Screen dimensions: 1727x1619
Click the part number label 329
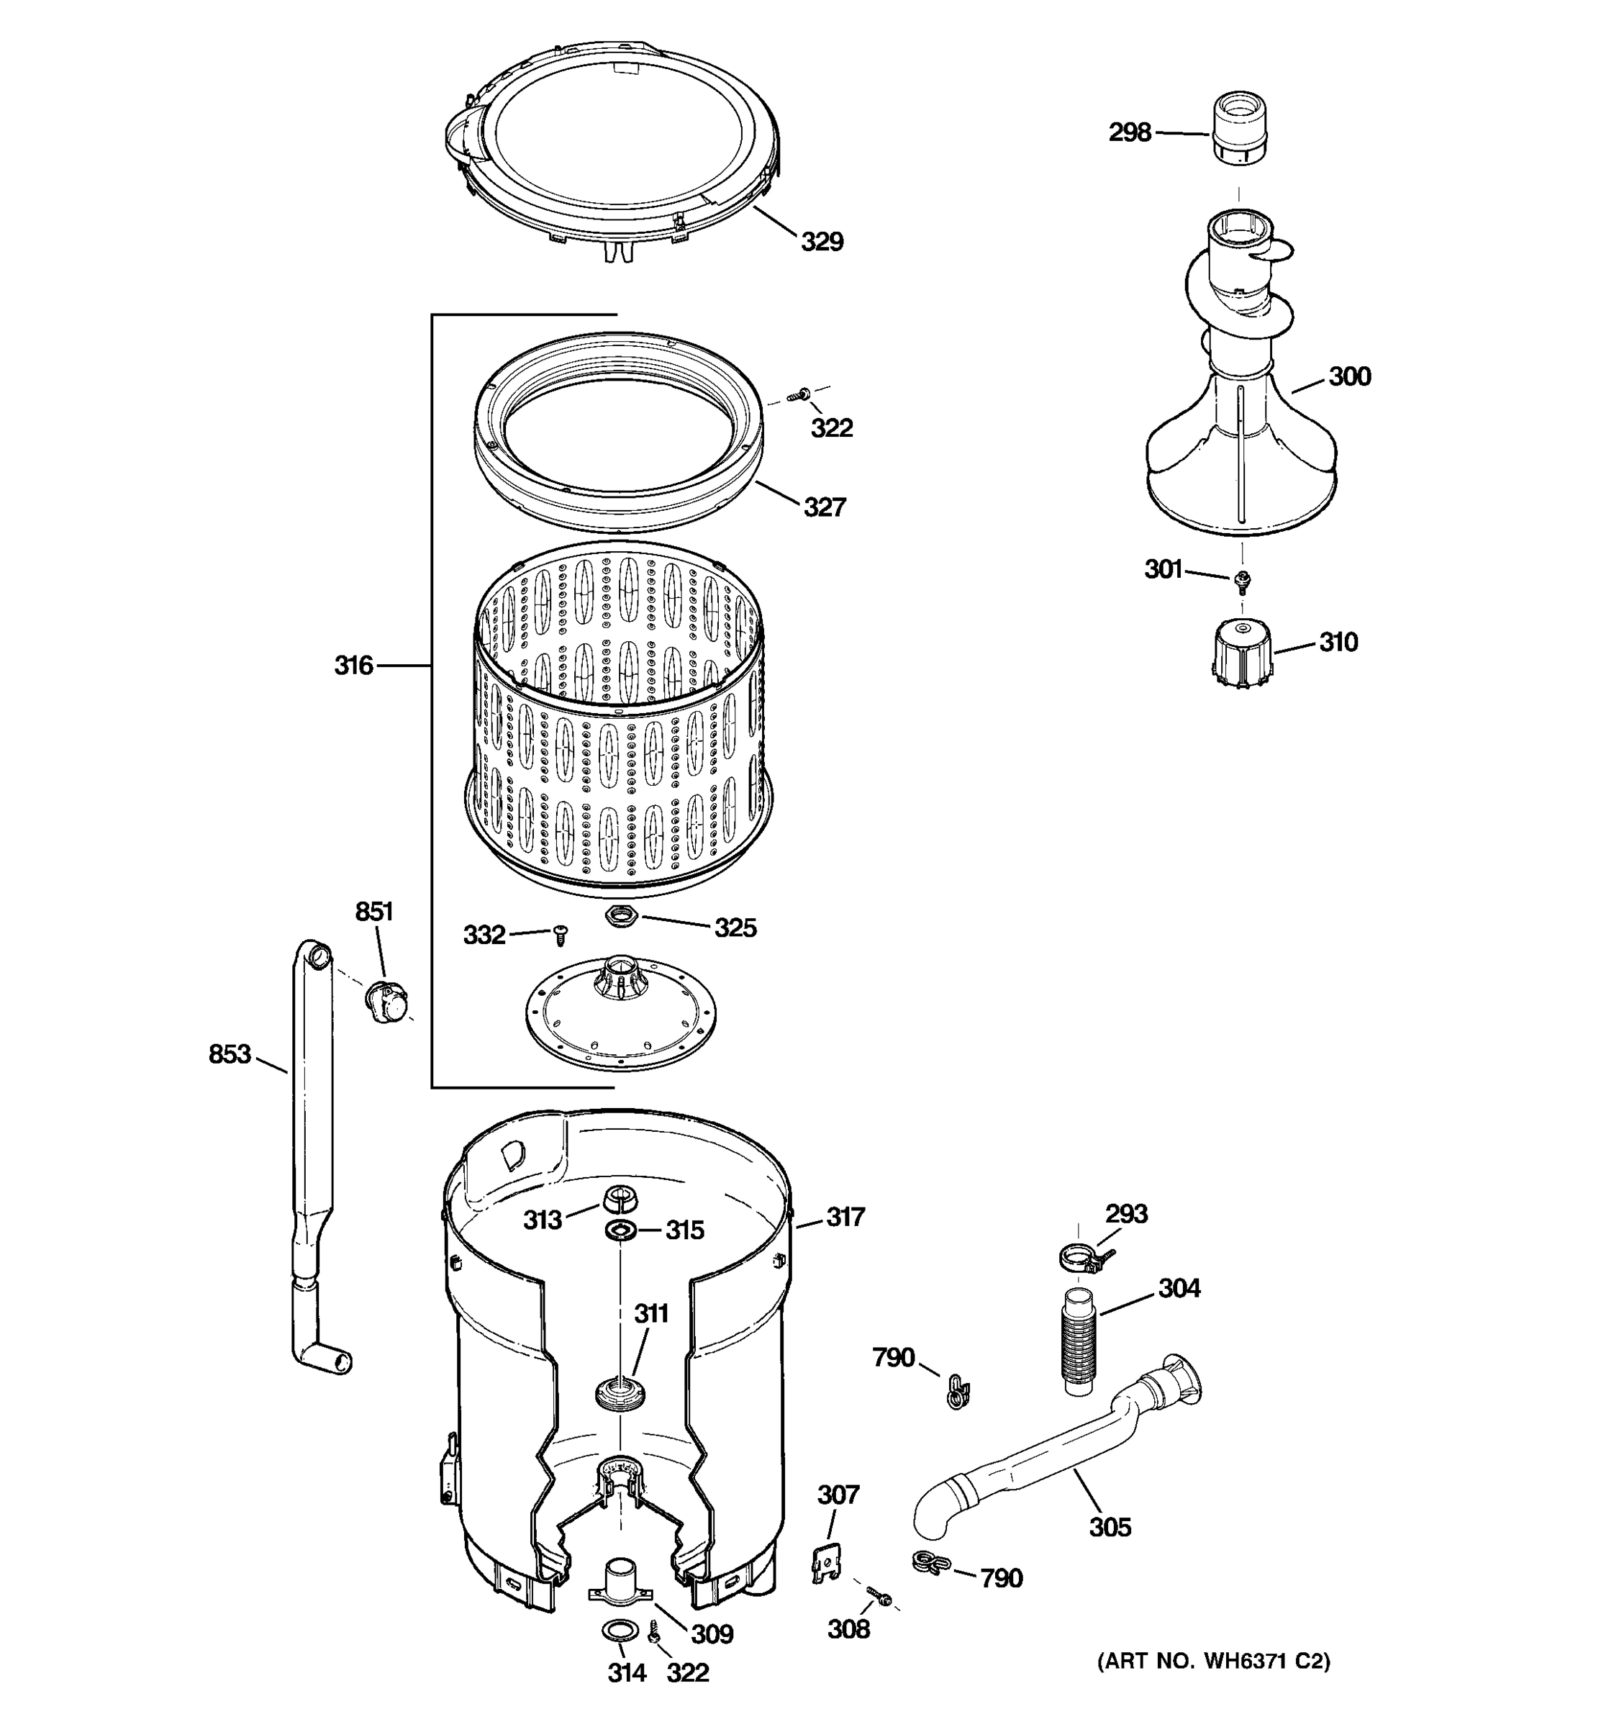821,242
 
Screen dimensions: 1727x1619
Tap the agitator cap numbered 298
1241,129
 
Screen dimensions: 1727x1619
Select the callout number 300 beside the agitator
1349,376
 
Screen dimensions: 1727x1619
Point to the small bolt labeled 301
1242,579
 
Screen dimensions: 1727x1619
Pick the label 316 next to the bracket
353,666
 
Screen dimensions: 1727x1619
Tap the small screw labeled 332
561,935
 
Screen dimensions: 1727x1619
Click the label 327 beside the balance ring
823,507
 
